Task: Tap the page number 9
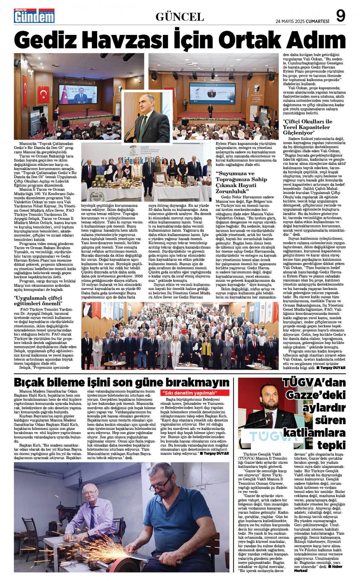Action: pyautogui.click(x=341, y=16)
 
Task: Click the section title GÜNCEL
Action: pyautogui.click(x=180, y=17)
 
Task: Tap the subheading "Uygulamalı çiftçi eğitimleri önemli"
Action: pyautogui.click(x=38, y=300)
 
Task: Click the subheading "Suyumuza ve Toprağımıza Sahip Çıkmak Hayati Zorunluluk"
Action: pyautogui.click(x=241, y=182)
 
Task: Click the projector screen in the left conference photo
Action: pyautogui.click(x=78, y=94)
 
